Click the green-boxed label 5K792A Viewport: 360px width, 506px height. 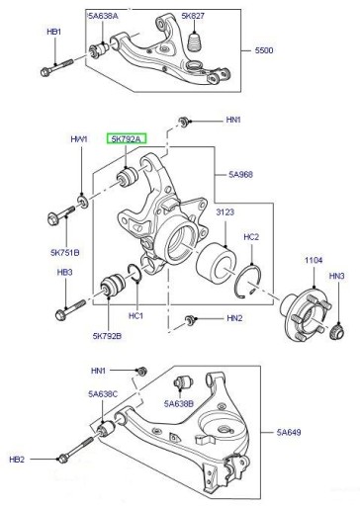click(127, 139)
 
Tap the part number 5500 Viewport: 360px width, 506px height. click(264, 50)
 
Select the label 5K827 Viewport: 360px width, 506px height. click(193, 16)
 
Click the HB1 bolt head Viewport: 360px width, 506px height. click(45, 71)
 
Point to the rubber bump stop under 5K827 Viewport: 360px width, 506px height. click(195, 42)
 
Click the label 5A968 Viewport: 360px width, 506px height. click(241, 174)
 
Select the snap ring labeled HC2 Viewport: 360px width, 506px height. click(250, 282)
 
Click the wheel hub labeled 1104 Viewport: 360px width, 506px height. click(306, 312)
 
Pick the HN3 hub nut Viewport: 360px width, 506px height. click(337, 332)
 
